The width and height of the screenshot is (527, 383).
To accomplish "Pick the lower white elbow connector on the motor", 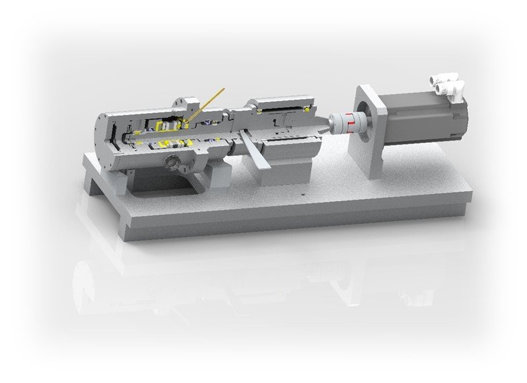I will (x=456, y=88).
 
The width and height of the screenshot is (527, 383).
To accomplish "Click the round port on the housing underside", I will (x=172, y=161).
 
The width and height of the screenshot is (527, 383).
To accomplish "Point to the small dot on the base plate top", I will (x=300, y=194).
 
